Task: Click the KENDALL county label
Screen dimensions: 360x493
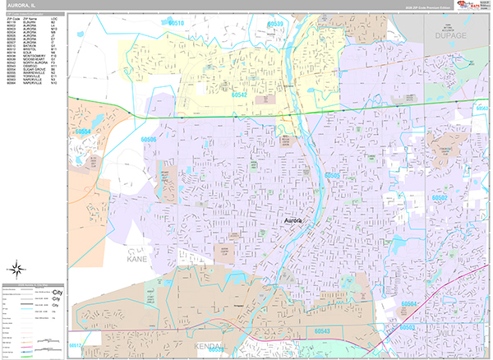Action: click(213, 347)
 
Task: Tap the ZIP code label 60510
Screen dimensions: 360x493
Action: click(176, 25)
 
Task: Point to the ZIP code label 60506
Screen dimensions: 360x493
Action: click(149, 141)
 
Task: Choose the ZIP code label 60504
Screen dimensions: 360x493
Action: click(410, 304)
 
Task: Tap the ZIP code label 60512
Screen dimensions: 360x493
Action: click(76, 345)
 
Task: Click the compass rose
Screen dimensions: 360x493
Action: click(17, 268)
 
